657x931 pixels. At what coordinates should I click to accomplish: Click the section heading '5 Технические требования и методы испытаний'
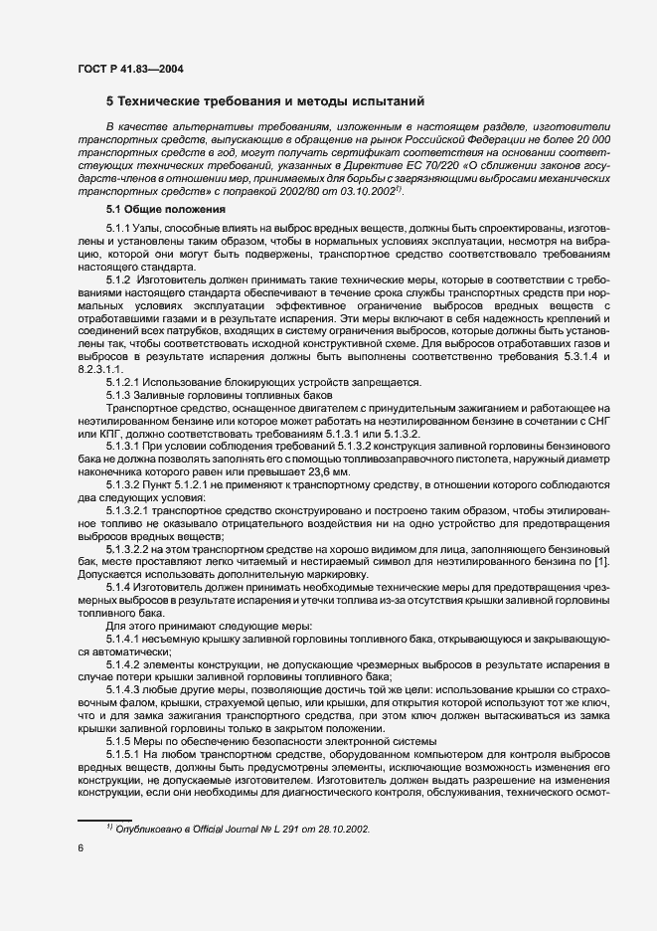265,101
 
